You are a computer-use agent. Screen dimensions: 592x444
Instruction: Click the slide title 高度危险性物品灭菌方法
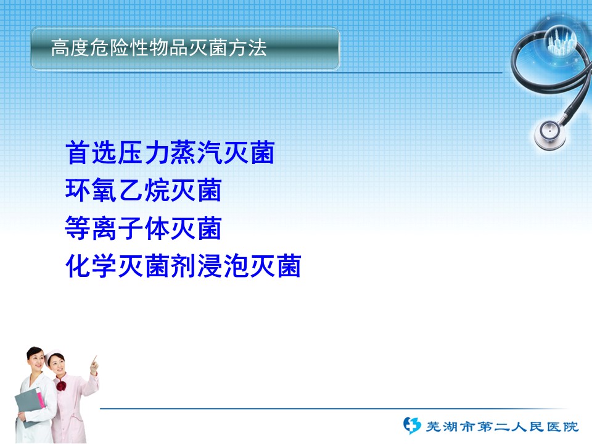pyautogui.click(x=159, y=48)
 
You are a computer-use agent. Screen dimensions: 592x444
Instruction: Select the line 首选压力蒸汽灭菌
pyautogui.click(x=170, y=152)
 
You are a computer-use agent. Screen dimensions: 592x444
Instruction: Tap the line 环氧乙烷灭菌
pyautogui.click(x=144, y=190)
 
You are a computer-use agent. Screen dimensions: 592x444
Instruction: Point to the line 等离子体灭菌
pyautogui.click(x=144, y=228)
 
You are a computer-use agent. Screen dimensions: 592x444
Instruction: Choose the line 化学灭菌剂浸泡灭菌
pyautogui.click(x=183, y=266)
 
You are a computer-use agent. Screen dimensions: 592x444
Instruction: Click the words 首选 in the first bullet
pyautogui.click(x=91, y=152)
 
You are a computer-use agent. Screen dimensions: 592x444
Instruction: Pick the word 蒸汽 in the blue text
pyautogui.click(x=196, y=152)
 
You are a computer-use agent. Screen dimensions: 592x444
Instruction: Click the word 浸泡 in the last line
pyautogui.click(x=223, y=266)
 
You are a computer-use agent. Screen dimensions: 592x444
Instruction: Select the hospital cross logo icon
pyautogui.click(x=411, y=425)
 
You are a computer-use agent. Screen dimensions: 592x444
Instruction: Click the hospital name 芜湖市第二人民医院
pyautogui.click(x=502, y=427)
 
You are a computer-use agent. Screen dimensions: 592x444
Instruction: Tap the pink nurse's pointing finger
pyautogui.click(x=94, y=359)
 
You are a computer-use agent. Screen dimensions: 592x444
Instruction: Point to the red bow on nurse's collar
pyautogui.click(x=61, y=386)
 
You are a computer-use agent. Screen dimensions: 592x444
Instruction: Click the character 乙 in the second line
pyautogui.click(x=131, y=190)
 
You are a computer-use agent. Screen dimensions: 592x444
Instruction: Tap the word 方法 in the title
pyautogui.click(x=248, y=48)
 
